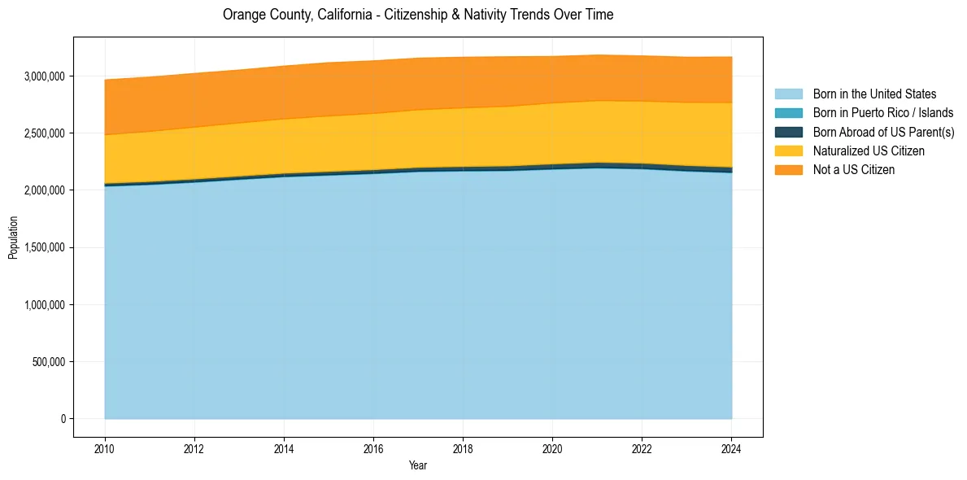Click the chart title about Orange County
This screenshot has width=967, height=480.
click(418, 15)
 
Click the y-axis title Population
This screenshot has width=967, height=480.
click(13, 238)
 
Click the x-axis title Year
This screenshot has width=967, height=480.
click(418, 465)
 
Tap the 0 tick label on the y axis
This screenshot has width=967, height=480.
click(63, 418)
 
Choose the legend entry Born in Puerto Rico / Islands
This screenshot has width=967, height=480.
click(882, 113)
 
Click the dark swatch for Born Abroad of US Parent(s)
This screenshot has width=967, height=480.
click(788, 132)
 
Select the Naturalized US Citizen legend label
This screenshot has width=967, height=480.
click(869, 151)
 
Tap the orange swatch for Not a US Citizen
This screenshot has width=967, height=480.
click(788, 170)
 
